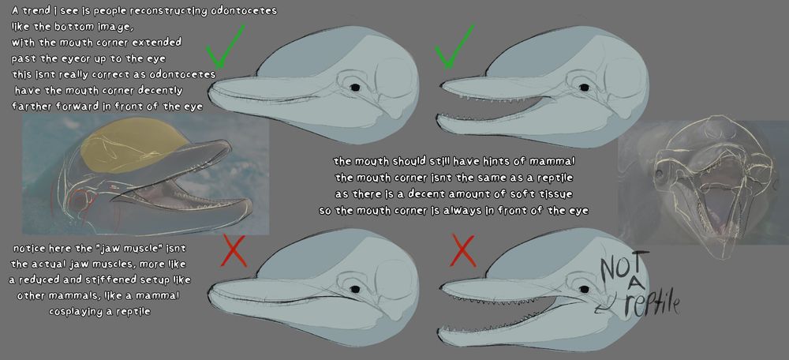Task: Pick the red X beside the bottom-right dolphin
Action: [463, 249]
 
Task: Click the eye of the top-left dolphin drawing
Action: [355, 88]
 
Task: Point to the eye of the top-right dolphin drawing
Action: [584, 88]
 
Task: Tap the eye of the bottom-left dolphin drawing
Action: [355, 289]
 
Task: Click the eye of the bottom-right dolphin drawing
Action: [584, 289]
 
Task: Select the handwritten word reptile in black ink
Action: [652, 304]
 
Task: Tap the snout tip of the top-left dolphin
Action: [211, 91]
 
